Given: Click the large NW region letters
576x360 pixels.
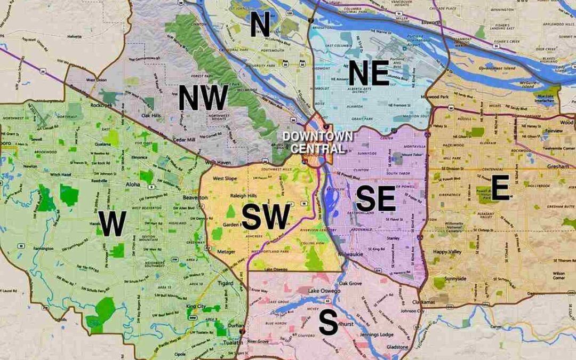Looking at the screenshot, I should click(x=203, y=98).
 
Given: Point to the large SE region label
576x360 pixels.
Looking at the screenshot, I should click(x=376, y=199).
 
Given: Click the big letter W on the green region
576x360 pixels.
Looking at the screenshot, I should click(x=113, y=223).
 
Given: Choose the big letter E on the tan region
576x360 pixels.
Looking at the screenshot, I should click(x=500, y=189).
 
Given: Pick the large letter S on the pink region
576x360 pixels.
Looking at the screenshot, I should click(x=328, y=323).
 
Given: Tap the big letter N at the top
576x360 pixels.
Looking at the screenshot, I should click(x=260, y=25).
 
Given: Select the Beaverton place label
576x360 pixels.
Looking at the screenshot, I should click(x=195, y=197).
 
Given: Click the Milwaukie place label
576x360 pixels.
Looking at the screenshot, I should click(x=350, y=255).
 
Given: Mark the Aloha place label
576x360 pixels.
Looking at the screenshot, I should click(x=132, y=184).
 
